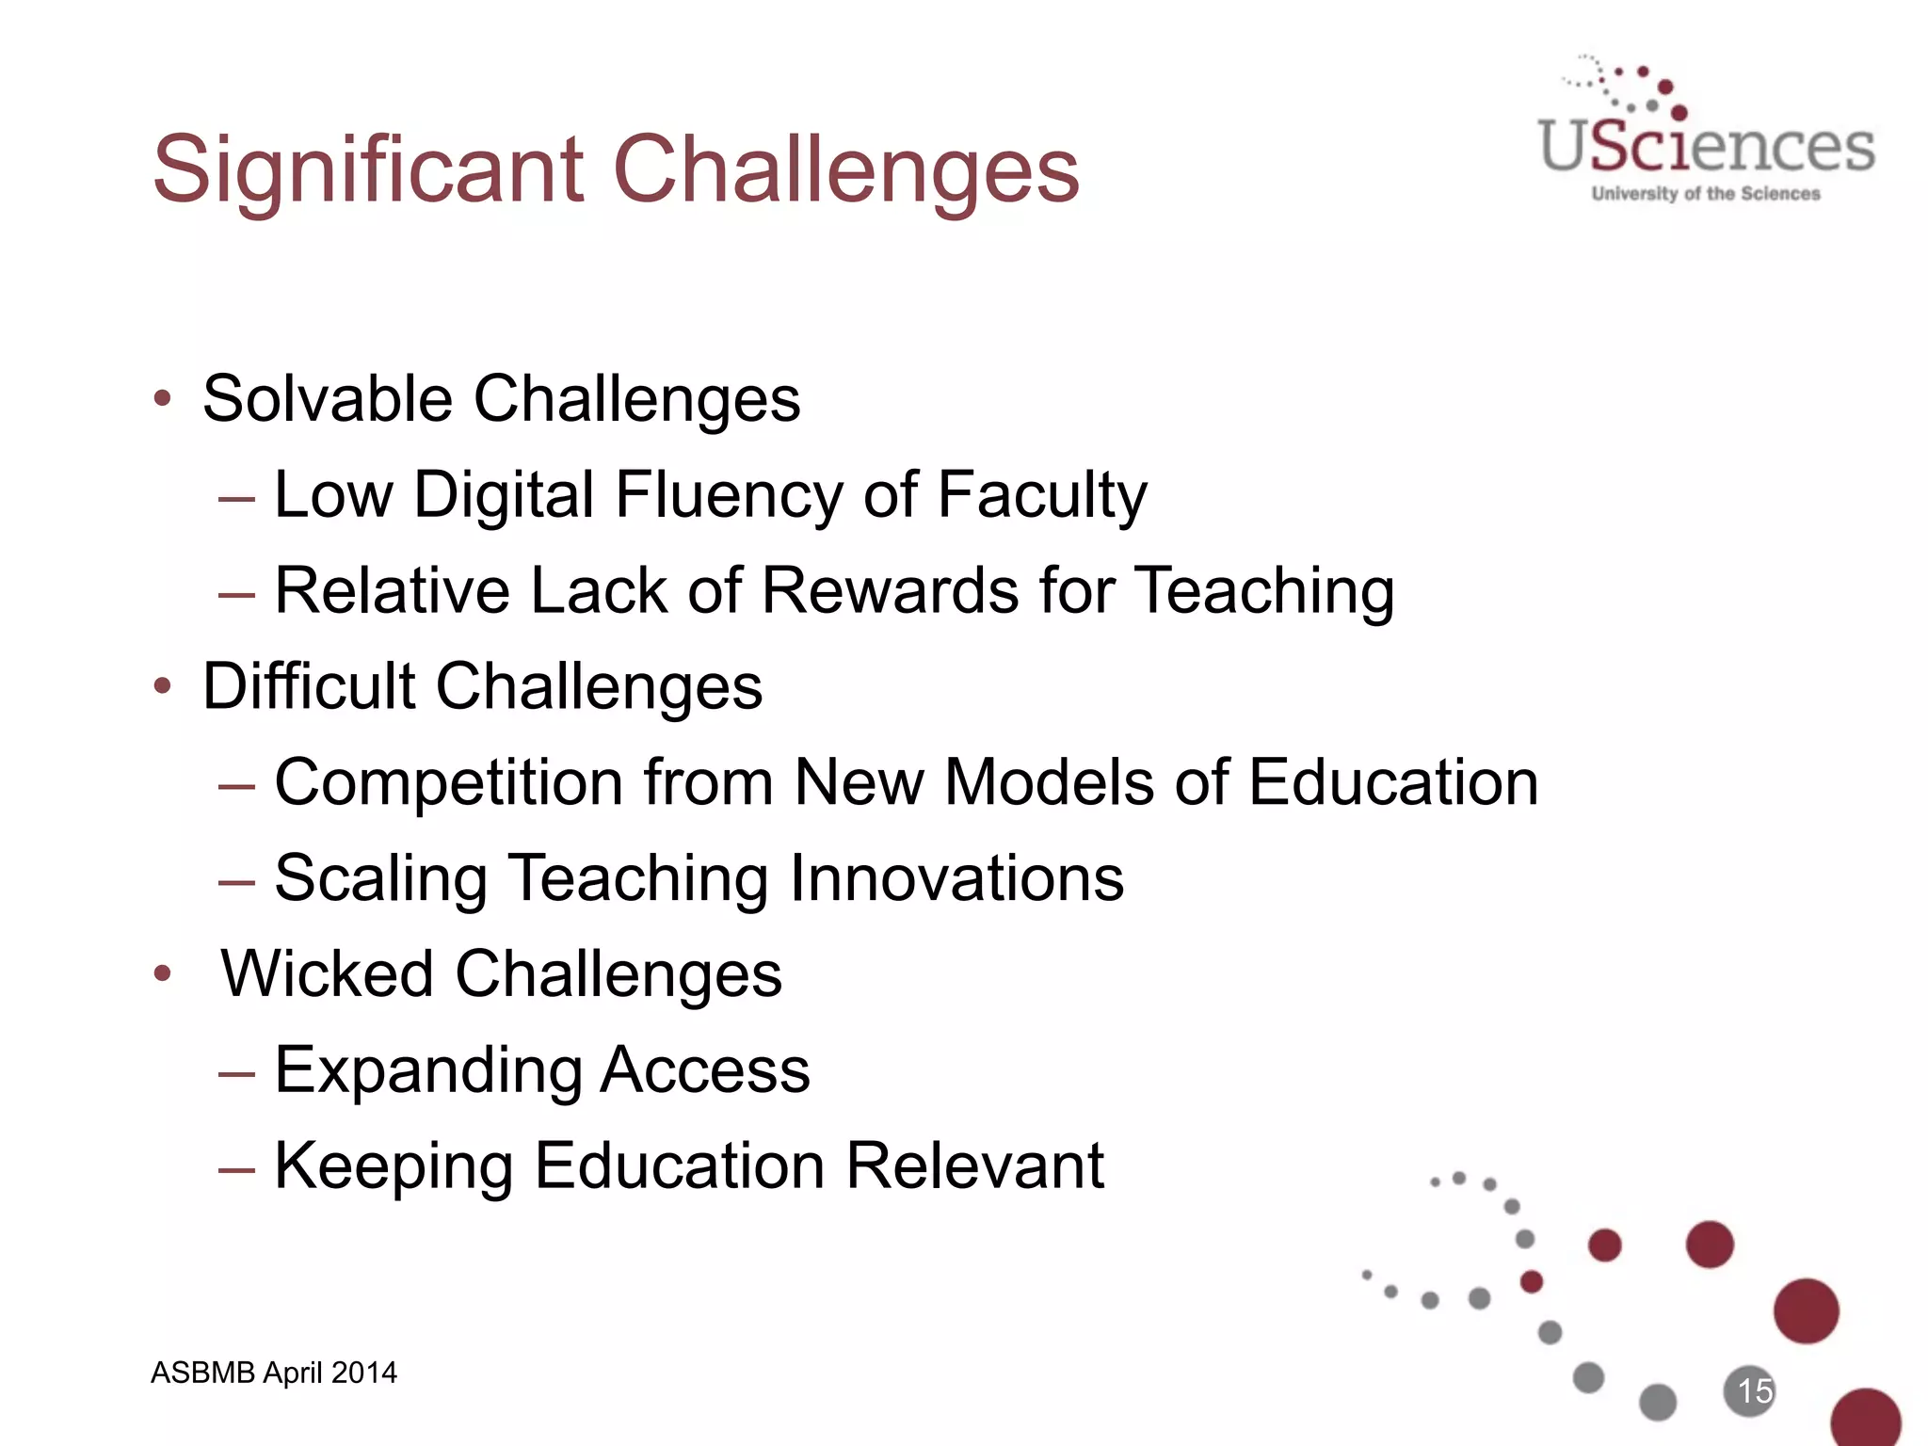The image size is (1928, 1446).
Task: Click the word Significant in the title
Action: point(368,170)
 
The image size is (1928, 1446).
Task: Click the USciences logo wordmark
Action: point(1706,147)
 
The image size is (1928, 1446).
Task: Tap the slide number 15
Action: point(1754,1390)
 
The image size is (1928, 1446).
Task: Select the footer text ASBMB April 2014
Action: point(274,1373)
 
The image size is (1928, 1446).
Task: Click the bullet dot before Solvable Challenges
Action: point(163,398)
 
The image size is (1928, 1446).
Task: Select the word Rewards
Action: point(891,591)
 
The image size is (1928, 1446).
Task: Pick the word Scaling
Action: point(380,879)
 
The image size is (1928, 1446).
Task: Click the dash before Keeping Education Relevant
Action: point(235,1169)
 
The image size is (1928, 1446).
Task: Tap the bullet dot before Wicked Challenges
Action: point(163,973)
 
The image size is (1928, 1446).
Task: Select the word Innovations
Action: point(956,877)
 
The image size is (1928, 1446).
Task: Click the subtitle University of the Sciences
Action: point(1706,194)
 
